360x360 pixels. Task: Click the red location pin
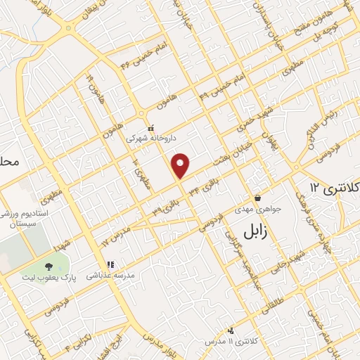[181, 165]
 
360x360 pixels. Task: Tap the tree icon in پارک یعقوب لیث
[48, 266]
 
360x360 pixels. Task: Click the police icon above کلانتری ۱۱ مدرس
[231, 330]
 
